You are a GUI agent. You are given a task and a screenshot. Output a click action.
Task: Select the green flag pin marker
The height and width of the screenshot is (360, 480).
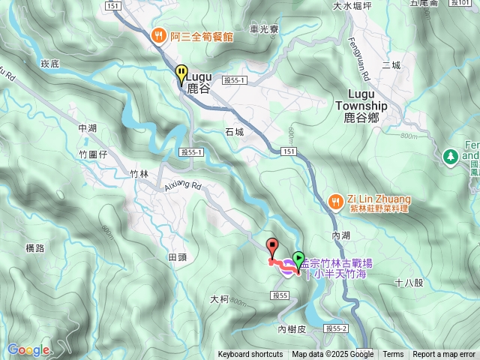(298, 260)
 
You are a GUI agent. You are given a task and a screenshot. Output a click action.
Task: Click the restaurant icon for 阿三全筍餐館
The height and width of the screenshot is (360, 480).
(158, 34)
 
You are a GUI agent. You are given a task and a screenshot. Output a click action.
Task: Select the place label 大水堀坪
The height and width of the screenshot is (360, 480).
(352, 6)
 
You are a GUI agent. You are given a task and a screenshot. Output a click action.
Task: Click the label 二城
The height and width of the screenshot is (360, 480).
(391, 65)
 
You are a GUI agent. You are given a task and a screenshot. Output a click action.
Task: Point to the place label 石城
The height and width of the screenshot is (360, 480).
(234, 132)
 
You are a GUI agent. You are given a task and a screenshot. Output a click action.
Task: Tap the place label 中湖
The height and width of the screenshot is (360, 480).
(88, 128)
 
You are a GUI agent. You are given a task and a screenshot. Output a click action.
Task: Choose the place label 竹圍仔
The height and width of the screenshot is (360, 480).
(94, 154)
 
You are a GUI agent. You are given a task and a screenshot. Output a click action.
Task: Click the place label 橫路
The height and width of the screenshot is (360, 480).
(35, 247)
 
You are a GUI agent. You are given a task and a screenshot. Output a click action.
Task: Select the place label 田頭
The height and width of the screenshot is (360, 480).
(177, 257)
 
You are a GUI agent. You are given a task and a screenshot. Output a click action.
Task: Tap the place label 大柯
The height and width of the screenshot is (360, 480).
(220, 298)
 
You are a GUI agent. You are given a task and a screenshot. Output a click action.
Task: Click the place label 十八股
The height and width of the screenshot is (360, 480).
(409, 283)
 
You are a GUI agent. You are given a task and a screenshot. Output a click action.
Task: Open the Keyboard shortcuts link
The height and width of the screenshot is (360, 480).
(250, 355)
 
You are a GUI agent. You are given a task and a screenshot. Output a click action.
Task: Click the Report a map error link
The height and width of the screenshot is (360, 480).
(444, 355)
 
